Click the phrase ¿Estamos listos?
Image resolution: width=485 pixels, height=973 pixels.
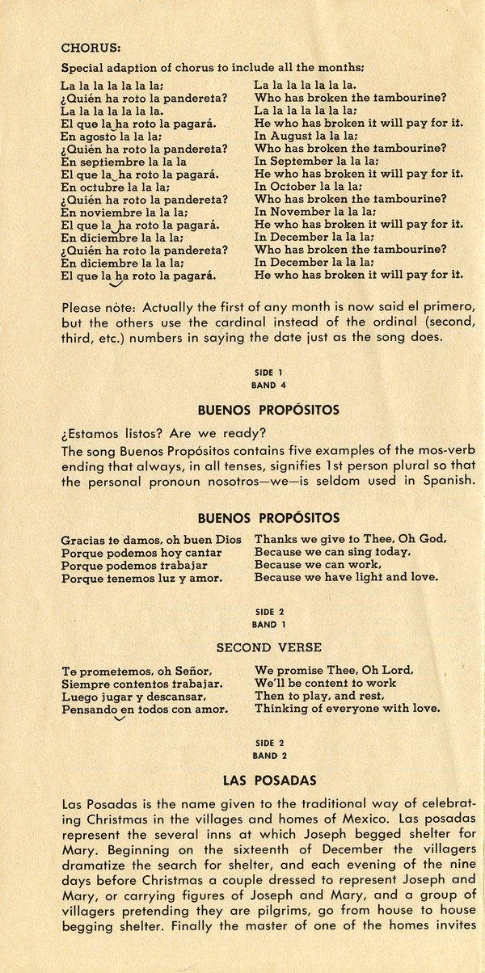click(114, 432)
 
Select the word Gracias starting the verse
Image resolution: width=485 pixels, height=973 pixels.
click(81, 538)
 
